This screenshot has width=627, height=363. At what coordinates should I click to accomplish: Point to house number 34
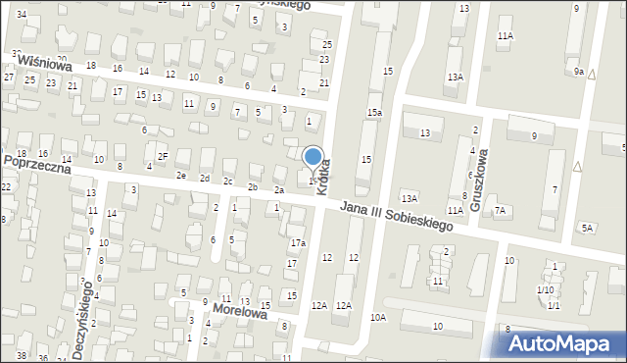tap(21, 13)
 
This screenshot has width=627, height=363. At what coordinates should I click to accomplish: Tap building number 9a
tap(579, 72)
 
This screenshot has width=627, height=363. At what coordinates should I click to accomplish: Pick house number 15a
tap(374, 113)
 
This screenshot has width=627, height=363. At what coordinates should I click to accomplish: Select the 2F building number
tap(164, 155)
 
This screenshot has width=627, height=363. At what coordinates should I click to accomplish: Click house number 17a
tap(298, 242)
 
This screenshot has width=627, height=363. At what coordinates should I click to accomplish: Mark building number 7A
tap(500, 210)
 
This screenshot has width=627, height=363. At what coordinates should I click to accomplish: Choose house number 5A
tap(587, 228)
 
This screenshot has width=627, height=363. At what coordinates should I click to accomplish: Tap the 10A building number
tap(378, 317)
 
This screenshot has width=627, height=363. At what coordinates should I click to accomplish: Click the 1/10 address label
tap(545, 290)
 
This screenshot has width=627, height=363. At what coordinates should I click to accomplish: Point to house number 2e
tap(181, 176)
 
